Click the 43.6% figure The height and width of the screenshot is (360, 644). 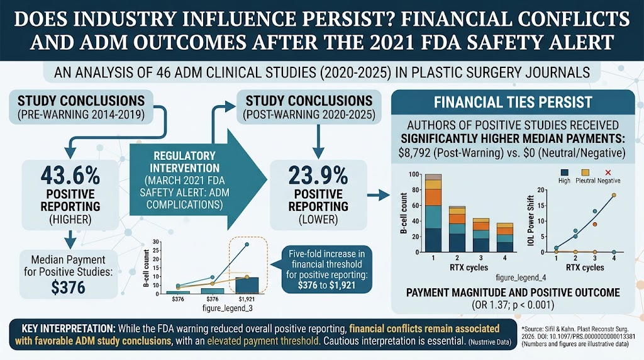pos(70,176)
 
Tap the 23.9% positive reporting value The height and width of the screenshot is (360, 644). pos(318,176)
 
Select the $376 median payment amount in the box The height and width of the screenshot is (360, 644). pos(68,287)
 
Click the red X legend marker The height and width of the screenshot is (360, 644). pos(608,172)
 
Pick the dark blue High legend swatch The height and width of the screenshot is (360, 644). pos(564,172)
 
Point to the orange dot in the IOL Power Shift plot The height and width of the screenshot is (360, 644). pos(595,225)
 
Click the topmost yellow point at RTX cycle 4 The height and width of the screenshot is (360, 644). pos(614,195)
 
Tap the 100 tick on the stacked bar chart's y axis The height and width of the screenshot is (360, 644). pos(414,175)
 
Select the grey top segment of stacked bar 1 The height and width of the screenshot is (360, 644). pos(433,177)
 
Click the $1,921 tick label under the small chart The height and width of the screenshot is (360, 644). pos(247,299)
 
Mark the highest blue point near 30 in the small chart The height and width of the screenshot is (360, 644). pos(247,245)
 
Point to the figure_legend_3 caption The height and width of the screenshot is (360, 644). pos(227,308)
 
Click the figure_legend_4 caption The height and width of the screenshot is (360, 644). pos(521,278)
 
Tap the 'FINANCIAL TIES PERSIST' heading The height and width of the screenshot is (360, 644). pos(513,103)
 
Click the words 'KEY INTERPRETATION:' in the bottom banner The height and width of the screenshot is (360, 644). pos(69,329)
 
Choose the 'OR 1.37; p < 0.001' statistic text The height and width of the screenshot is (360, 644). pos(513,305)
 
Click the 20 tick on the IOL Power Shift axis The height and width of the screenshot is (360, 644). pos(540,190)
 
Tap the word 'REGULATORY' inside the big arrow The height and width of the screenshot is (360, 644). pos(184,156)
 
